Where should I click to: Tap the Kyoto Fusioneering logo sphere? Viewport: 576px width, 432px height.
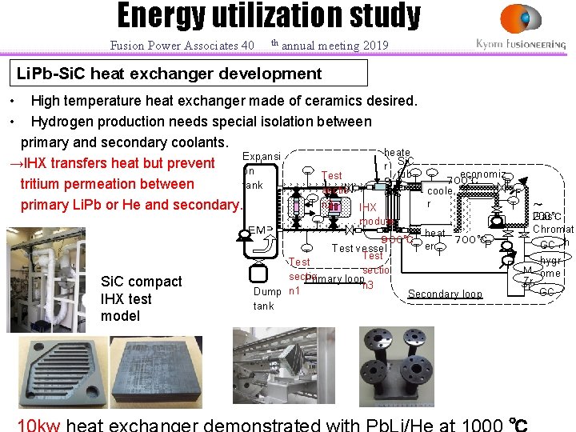(520, 18)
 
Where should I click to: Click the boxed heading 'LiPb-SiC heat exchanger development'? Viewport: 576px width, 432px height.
(170, 74)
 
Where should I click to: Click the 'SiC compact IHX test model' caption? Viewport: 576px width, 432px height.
(141, 298)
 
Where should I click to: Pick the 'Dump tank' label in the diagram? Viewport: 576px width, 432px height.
(267, 298)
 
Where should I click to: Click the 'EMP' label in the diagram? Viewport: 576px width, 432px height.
(261, 231)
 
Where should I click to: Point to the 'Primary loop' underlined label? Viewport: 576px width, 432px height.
(334, 279)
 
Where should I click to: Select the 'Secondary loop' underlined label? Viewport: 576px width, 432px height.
(445, 294)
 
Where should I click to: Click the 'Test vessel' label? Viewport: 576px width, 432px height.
(359, 248)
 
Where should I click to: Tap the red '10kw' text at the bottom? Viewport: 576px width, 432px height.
(39, 424)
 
